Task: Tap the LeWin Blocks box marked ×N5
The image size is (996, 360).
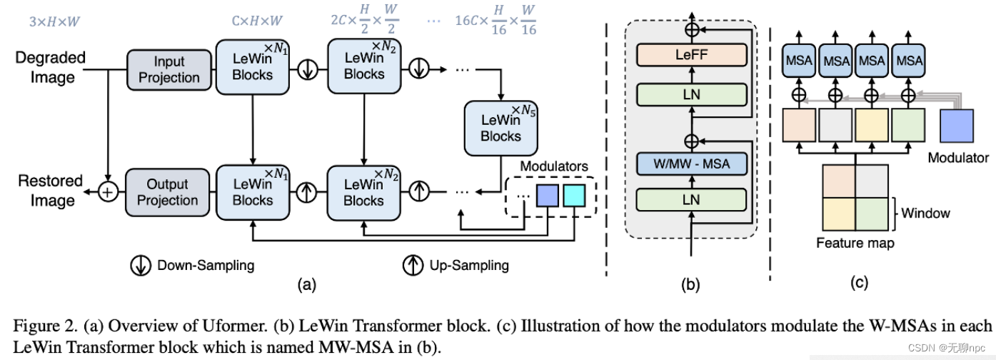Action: pyautogui.click(x=500, y=127)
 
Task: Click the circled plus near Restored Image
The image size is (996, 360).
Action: pyautogui.click(x=107, y=192)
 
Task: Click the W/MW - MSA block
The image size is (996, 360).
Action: pyautogui.click(x=690, y=164)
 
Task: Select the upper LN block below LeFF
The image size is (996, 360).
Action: pyautogui.click(x=690, y=94)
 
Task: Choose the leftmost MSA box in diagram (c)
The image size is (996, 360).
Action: pyautogui.click(x=799, y=60)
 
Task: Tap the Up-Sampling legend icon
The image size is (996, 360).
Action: pyautogui.click(x=414, y=265)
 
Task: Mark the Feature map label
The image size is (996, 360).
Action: pyautogui.click(x=855, y=243)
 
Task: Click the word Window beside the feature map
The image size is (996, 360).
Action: pyautogui.click(x=925, y=213)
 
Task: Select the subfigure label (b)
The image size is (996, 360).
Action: pyautogui.click(x=690, y=285)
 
